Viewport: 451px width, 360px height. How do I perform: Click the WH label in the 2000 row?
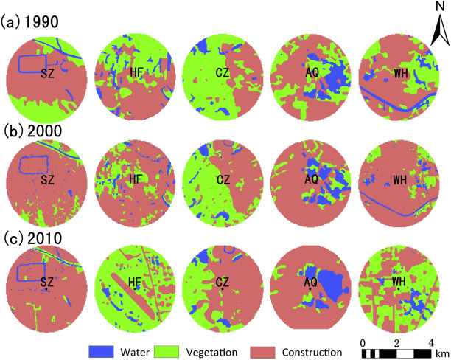click(x=399, y=179)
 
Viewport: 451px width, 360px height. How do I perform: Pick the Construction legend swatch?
click(x=267, y=352)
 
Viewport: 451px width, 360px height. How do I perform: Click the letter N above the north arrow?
click(x=437, y=7)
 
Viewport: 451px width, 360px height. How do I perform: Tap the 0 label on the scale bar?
click(x=363, y=342)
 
